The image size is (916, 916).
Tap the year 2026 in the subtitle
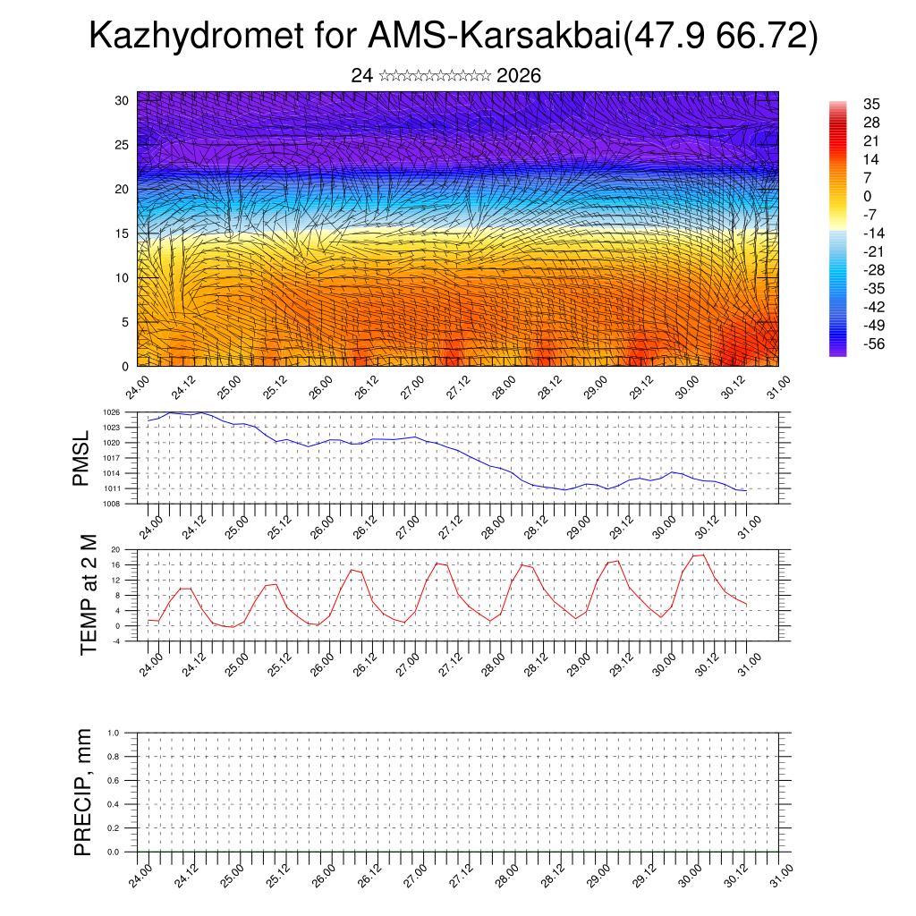[518, 76]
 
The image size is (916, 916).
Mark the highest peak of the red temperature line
[703, 555]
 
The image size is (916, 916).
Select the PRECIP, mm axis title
[83, 792]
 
